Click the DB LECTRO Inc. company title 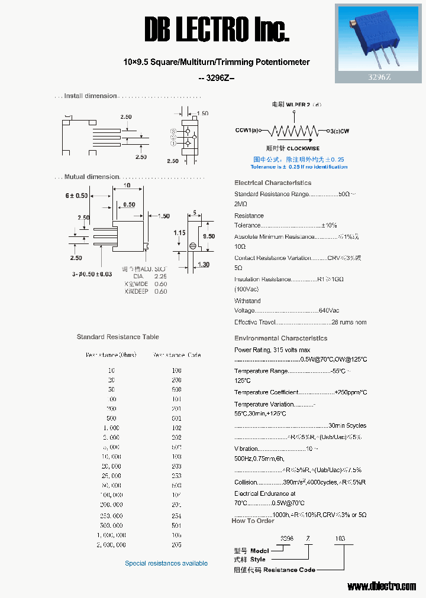click(217, 29)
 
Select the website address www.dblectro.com click(382, 586)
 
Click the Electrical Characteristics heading click(273, 183)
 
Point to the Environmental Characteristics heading click(280, 339)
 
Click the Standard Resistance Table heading click(118, 337)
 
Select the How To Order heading click(253, 521)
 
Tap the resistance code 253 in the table click(176, 476)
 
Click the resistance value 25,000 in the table click(111, 476)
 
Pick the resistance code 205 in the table click(176, 545)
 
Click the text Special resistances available click(166, 563)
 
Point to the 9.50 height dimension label click(209, 236)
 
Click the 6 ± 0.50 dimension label click(76, 196)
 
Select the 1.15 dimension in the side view click(180, 233)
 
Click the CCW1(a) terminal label click(247, 130)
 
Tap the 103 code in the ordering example click(340, 538)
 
